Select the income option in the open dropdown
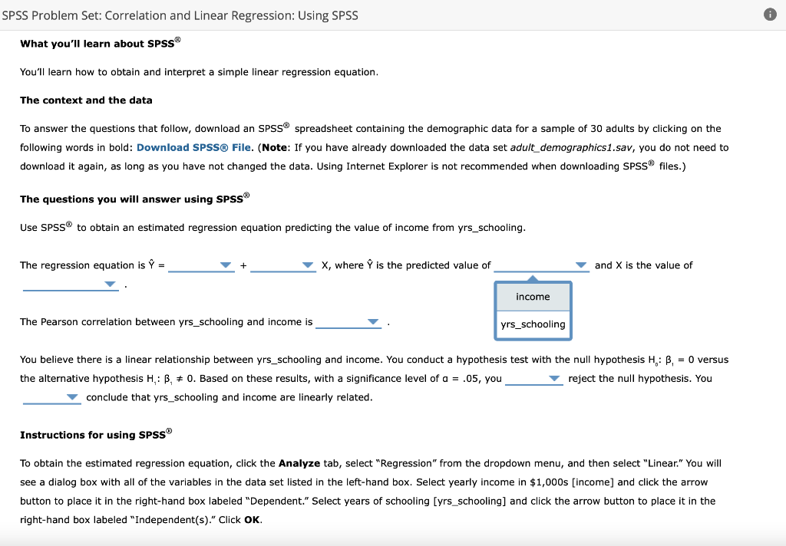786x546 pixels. point(533,297)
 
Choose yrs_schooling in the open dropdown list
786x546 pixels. point(533,324)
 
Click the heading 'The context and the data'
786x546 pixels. point(86,100)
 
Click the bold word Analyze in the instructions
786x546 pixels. point(299,463)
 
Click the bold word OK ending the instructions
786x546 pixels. point(253,520)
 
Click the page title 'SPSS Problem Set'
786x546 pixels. point(180,15)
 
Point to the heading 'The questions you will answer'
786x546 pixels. point(134,199)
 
